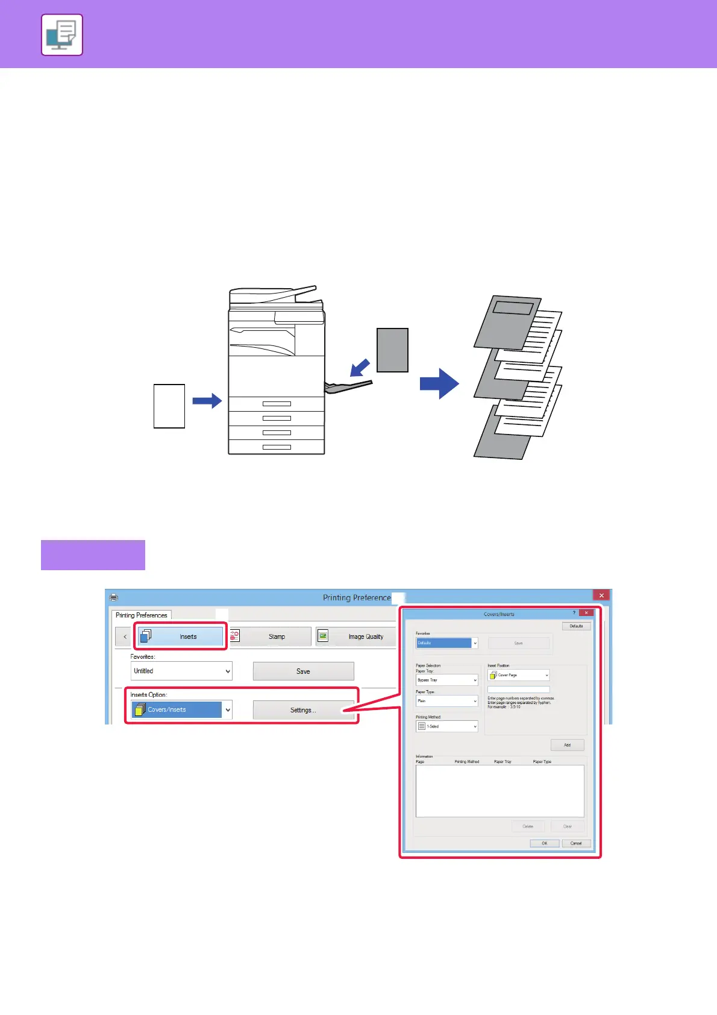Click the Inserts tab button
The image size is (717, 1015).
click(181, 636)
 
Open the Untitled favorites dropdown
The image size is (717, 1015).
click(181, 671)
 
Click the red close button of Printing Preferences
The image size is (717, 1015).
click(601, 595)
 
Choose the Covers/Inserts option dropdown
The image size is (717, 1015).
click(181, 709)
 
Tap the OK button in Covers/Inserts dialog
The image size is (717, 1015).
click(544, 843)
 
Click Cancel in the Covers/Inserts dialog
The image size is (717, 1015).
click(576, 843)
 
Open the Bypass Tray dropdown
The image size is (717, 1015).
click(446, 680)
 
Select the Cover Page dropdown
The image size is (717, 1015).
click(518, 675)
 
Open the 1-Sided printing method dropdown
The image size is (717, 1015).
click(446, 726)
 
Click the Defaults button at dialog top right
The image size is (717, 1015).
click(576, 626)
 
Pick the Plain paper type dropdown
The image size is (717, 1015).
click(446, 701)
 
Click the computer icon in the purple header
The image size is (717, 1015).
click(62, 35)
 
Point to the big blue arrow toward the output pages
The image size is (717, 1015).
click(439, 383)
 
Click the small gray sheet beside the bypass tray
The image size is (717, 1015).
click(392, 350)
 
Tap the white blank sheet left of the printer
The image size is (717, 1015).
click(169, 406)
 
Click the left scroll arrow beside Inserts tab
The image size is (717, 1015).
click(125, 636)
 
